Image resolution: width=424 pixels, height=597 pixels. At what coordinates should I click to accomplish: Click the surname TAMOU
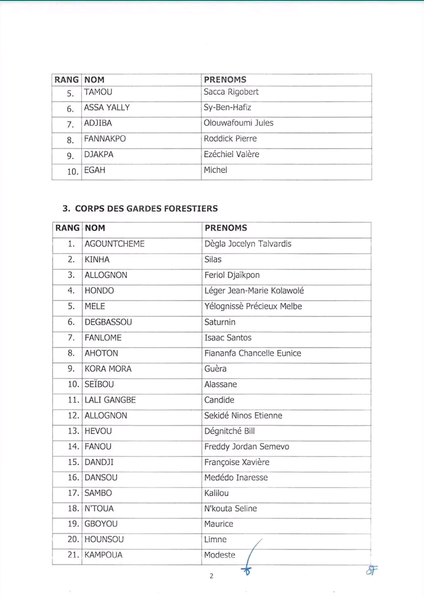click(98, 92)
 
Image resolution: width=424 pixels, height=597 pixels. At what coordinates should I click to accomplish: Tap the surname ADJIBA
click(98, 124)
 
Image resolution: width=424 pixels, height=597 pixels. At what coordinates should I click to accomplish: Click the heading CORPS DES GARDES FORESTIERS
click(147, 208)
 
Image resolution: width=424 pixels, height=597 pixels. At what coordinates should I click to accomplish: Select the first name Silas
click(213, 259)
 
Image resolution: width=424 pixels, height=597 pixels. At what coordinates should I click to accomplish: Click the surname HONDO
click(100, 291)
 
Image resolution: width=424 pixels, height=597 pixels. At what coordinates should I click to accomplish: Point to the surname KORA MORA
click(108, 369)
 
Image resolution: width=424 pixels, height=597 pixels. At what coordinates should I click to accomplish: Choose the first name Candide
click(219, 400)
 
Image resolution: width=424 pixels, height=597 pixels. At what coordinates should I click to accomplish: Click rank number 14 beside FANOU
click(73, 446)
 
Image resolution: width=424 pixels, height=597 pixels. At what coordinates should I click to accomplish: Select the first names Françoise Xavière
click(237, 462)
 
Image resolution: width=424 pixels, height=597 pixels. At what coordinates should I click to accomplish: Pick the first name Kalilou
click(217, 493)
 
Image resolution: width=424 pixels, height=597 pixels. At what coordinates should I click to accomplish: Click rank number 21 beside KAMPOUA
click(73, 555)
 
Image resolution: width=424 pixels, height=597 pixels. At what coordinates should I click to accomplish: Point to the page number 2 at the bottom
click(211, 576)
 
